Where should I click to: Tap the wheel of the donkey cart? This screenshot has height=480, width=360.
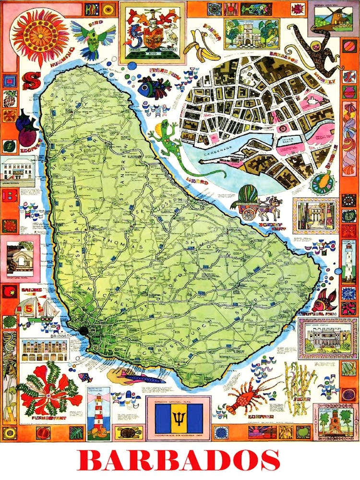point(249,213)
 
